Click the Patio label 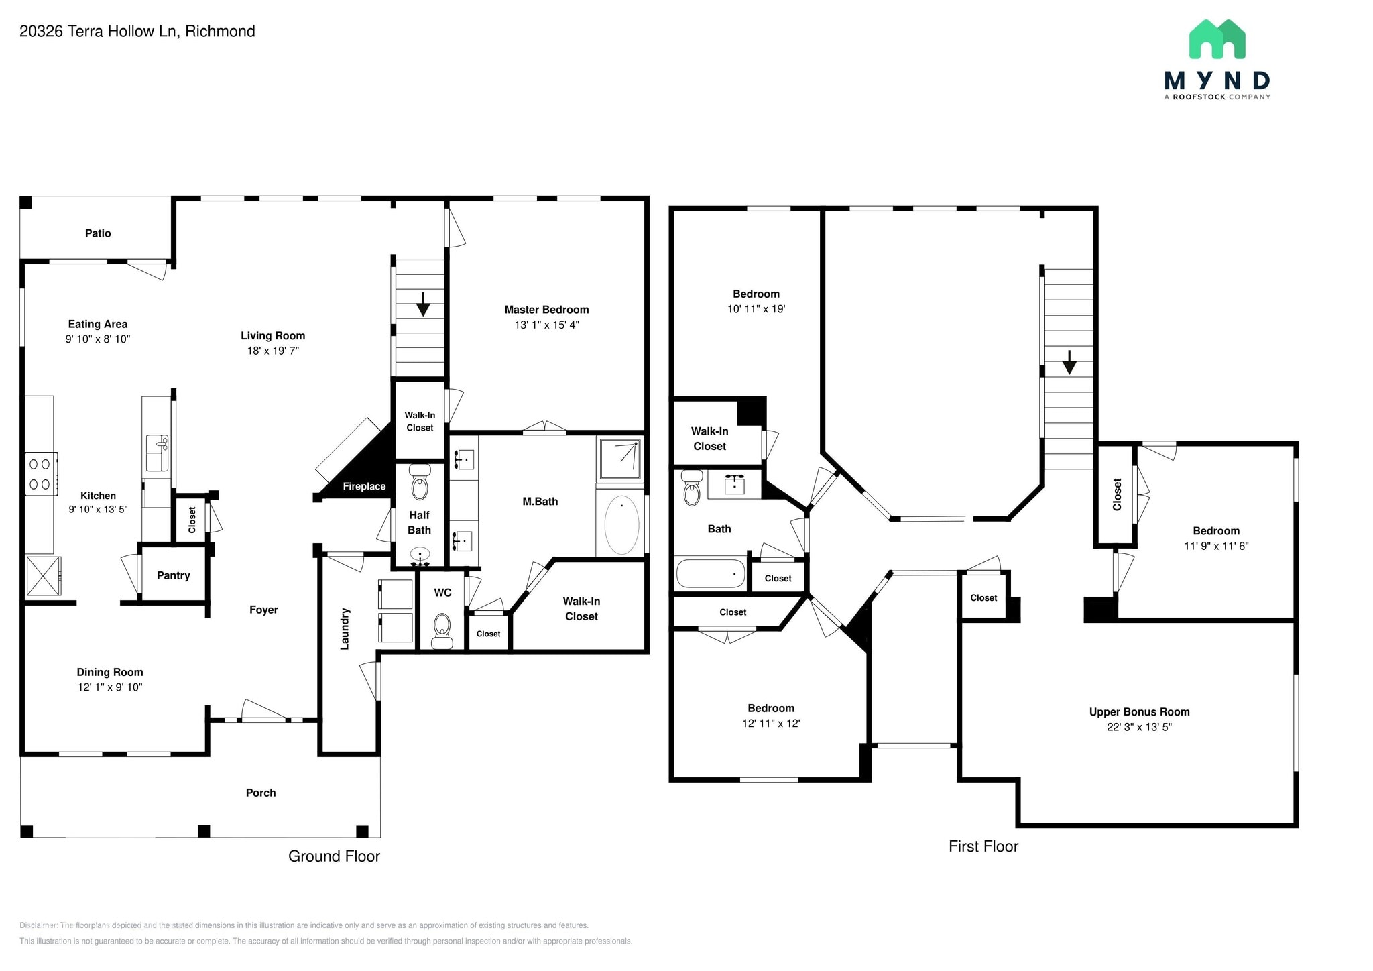(x=98, y=233)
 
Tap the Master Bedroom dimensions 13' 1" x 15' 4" (x=546, y=325)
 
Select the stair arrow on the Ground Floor (x=422, y=304)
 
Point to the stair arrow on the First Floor (x=1069, y=363)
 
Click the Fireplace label (x=364, y=487)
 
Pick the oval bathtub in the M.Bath (x=621, y=525)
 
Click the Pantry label (x=173, y=575)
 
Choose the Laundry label (x=345, y=629)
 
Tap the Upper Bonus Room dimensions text (x=1139, y=727)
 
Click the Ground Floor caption (x=334, y=856)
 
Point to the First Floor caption (x=983, y=846)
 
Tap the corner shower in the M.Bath (x=620, y=459)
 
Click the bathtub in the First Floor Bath (x=711, y=574)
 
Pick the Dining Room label (x=110, y=672)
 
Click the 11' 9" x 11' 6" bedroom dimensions (x=1216, y=546)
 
